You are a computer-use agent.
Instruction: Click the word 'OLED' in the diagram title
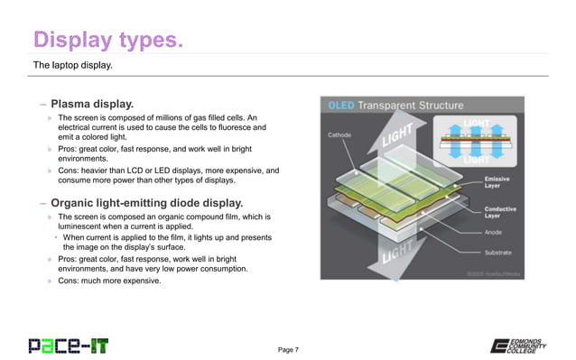tap(344, 105)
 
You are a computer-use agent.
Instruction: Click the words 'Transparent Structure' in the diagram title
tap(413, 105)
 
